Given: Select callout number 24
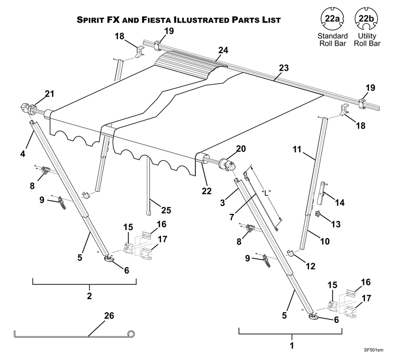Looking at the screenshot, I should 224,51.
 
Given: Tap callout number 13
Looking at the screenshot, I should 336,224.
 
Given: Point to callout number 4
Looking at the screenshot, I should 23,153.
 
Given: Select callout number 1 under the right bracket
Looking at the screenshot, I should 292,345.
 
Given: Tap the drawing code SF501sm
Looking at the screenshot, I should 373,351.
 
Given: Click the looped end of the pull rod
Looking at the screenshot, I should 131,334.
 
